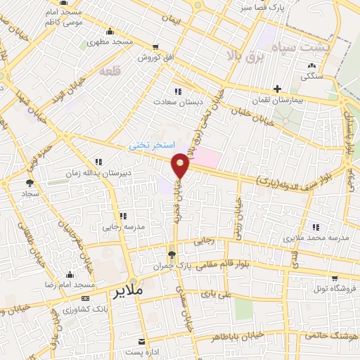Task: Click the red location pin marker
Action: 181,166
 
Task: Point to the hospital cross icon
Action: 278,89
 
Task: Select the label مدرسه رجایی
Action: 121,227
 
